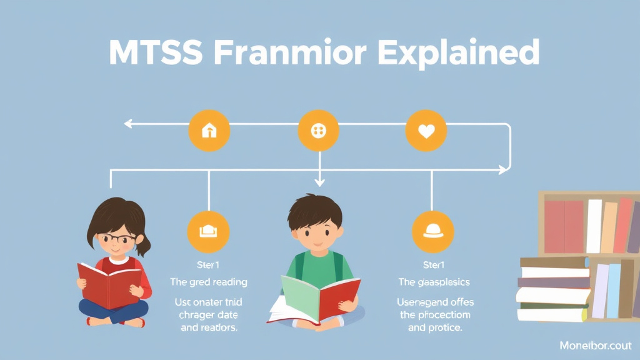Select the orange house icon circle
point(209,131)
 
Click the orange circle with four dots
point(319,131)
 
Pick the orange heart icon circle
point(426,131)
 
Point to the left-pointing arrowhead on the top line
point(127,124)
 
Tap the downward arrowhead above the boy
point(319,182)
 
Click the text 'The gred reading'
point(209,282)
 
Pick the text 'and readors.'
point(209,327)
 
